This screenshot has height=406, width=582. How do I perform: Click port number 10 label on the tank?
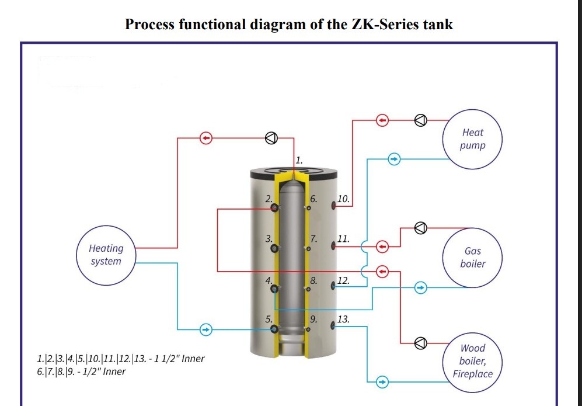[343, 199]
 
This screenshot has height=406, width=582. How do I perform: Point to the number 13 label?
[343, 319]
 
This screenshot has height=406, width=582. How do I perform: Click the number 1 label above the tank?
[299, 161]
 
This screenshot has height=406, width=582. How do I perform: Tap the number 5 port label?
[269, 319]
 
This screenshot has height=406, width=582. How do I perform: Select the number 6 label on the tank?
[313, 199]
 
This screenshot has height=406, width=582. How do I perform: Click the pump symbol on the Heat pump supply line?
[420, 120]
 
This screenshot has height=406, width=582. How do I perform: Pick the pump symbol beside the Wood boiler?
[420, 343]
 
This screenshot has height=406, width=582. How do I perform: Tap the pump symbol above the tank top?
[271, 138]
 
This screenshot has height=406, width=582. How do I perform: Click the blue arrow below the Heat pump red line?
[394, 159]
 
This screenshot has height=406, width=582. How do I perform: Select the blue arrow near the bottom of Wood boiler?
[382, 382]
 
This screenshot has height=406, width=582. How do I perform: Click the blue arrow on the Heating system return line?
[206, 329]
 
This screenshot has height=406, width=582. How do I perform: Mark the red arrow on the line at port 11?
[382, 247]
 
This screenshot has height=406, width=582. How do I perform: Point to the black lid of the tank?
[294, 173]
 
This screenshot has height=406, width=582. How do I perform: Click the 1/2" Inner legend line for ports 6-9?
[81, 372]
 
